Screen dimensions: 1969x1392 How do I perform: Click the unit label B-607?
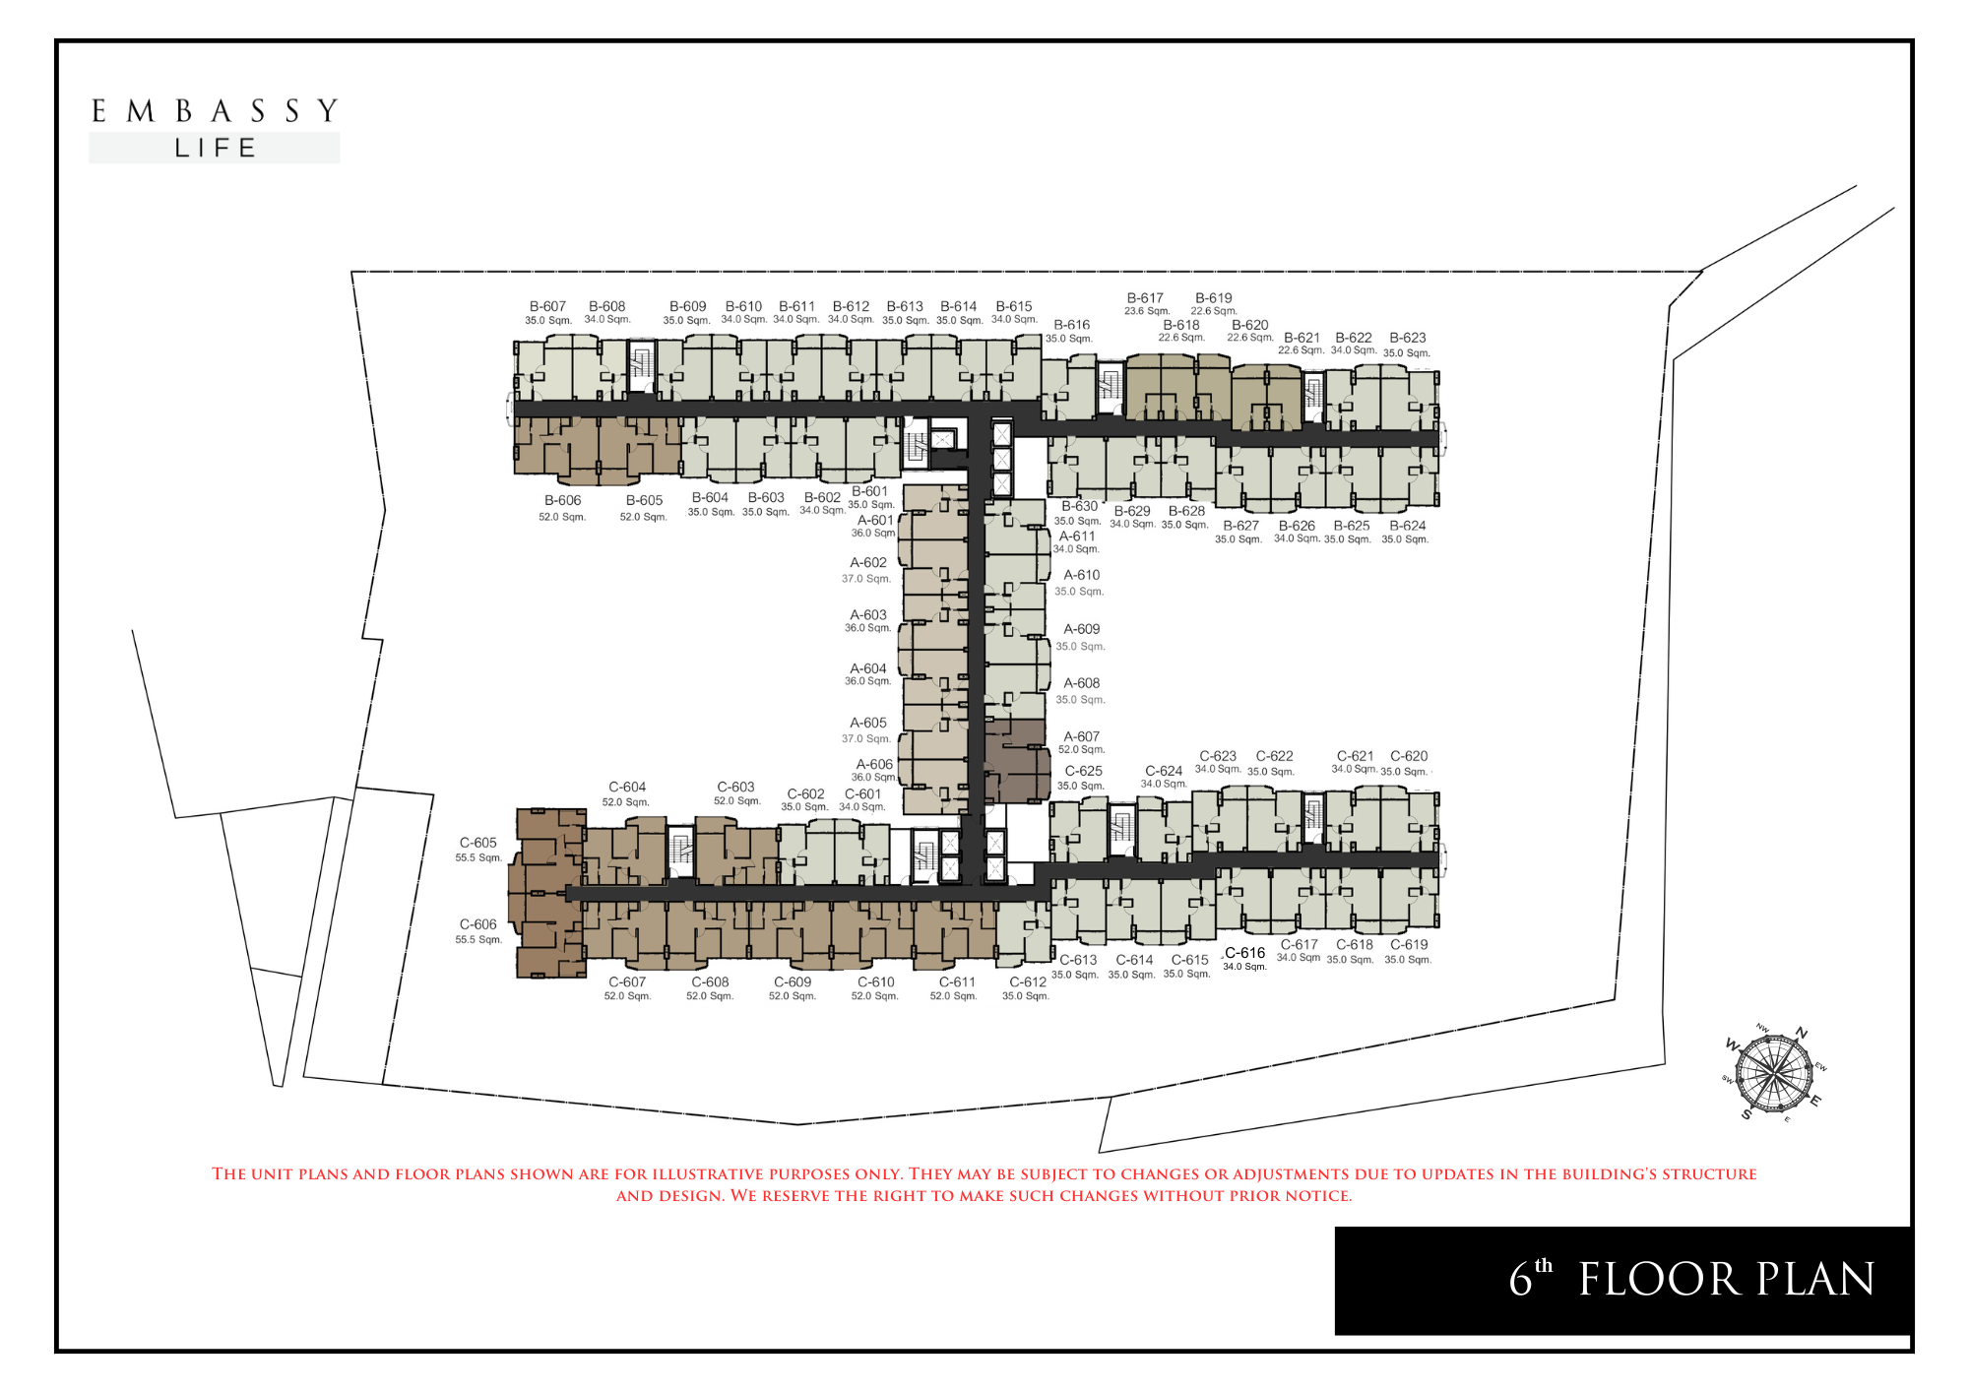point(547,306)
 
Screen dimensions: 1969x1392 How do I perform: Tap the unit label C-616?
point(1244,953)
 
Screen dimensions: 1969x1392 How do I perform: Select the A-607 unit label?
point(1081,736)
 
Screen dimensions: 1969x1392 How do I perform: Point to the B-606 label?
point(562,500)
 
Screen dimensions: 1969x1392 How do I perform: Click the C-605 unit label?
point(478,843)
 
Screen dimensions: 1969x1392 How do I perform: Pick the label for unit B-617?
point(1145,297)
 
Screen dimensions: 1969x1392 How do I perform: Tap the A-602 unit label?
point(868,563)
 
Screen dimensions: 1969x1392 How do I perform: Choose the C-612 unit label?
point(1028,981)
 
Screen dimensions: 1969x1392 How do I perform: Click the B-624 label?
point(1407,526)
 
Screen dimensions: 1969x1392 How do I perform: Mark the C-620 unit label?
point(1409,756)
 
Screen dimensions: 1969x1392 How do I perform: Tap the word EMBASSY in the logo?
point(215,111)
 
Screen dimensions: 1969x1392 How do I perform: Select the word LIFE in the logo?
point(215,149)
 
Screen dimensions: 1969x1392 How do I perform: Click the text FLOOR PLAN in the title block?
point(1727,1280)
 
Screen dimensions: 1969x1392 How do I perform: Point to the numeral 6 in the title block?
point(1520,1280)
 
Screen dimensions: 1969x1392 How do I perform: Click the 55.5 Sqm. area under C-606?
point(478,940)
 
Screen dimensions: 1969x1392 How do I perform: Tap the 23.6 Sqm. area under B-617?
point(1147,311)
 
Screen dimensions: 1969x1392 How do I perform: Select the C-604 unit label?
point(627,787)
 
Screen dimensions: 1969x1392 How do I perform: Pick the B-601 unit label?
point(869,491)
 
